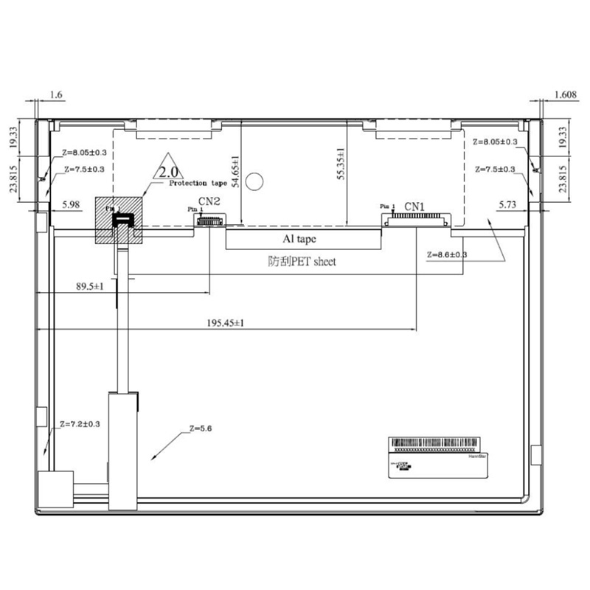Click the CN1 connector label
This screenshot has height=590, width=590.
coord(416,206)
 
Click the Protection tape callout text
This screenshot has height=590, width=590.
coord(198,183)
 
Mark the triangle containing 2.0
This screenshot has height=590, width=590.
coord(167,168)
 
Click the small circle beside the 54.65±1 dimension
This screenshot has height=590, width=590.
coord(255,178)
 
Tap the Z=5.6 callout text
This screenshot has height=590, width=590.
coord(200,428)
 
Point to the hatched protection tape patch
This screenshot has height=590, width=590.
coord(119,220)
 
